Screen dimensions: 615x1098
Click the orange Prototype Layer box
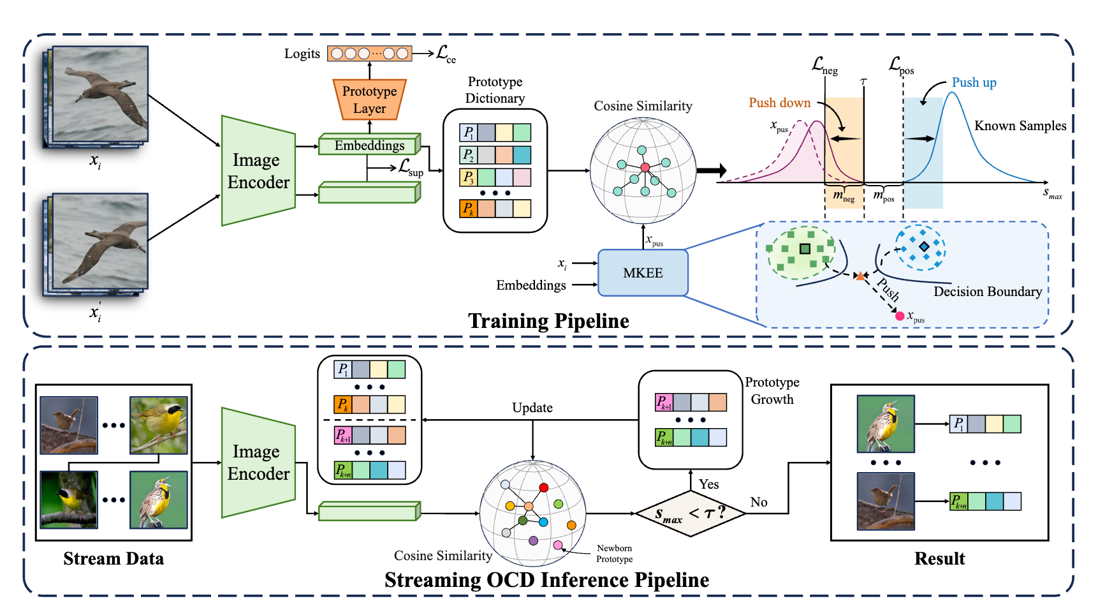(x=369, y=100)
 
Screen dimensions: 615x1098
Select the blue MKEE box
(x=643, y=273)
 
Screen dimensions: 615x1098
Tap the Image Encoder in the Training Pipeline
(x=258, y=171)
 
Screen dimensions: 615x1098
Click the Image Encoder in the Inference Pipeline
(x=258, y=463)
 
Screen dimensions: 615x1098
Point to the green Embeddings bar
(x=369, y=145)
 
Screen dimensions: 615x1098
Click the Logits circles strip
(x=370, y=54)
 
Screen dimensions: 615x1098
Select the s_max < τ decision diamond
(x=691, y=514)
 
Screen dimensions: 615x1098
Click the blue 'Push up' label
(x=974, y=83)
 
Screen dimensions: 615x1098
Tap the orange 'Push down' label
(x=779, y=103)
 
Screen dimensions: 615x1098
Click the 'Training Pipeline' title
(x=548, y=321)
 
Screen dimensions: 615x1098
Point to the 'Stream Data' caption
(x=113, y=559)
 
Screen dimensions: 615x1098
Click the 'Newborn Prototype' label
(x=614, y=554)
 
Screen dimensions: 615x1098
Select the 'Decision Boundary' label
(x=988, y=292)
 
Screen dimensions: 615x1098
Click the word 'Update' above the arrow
(x=532, y=408)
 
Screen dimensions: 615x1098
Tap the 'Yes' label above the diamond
(x=708, y=484)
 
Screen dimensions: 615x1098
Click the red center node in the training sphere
(x=645, y=167)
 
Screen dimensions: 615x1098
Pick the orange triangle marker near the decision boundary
(x=860, y=276)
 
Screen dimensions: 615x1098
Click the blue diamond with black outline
(x=924, y=246)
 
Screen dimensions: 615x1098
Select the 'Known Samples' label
(x=1020, y=126)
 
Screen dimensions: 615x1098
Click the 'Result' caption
(x=939, y=559)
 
